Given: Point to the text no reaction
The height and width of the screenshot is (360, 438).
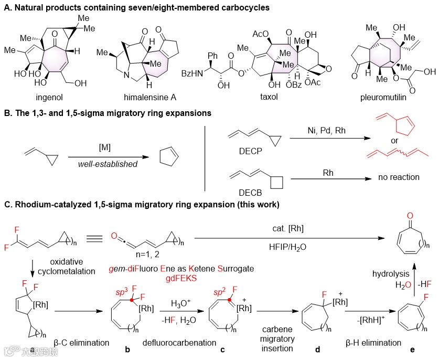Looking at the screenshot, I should tap(399, 177).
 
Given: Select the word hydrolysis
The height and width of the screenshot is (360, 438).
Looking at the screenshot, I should tap(387, 273).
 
